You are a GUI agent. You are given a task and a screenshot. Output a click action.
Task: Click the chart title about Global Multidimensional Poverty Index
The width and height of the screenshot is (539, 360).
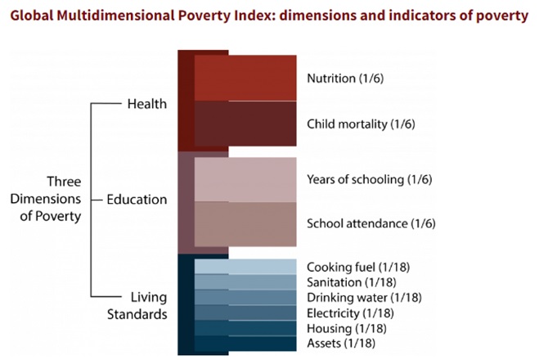coord(269,16)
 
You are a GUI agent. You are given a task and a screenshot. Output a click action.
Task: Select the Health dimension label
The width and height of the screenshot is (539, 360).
coord(147,104)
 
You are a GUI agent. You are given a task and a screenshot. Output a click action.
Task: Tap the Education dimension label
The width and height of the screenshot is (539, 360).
coord(137,199)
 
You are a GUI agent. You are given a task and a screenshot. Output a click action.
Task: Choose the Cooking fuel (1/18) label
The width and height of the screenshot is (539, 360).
coord(353,268)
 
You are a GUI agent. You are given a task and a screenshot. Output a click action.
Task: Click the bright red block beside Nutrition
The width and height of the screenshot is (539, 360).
coord(245,78)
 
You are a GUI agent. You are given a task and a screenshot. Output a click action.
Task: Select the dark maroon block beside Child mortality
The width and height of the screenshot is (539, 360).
coord(245,124)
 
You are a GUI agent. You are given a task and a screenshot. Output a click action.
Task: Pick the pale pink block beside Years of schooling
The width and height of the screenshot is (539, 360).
coord(245,179)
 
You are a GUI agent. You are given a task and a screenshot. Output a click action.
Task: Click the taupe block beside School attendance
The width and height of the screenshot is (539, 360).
coord(245,223)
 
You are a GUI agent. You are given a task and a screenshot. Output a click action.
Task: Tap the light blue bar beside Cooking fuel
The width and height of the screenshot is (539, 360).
coord(245,267)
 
